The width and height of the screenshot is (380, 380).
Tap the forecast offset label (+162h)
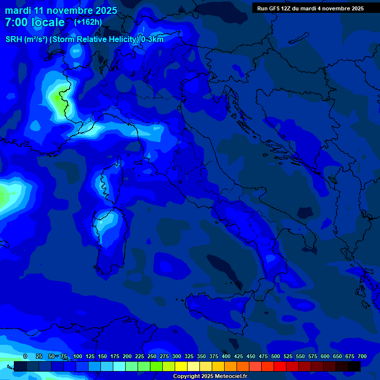pos(88,22)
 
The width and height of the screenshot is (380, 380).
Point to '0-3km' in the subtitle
pos(152,40)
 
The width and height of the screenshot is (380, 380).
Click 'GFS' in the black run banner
pos(277,8)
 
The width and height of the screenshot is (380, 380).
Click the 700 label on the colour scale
pos(362,356)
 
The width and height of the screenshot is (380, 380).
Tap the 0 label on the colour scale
pos(25,356)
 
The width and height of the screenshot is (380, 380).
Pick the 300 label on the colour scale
pos(177,356)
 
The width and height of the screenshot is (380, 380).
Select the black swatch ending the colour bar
pos(354,366)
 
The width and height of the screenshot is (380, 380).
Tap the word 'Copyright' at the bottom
pos(187,377)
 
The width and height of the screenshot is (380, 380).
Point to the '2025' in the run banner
pos(356,8)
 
